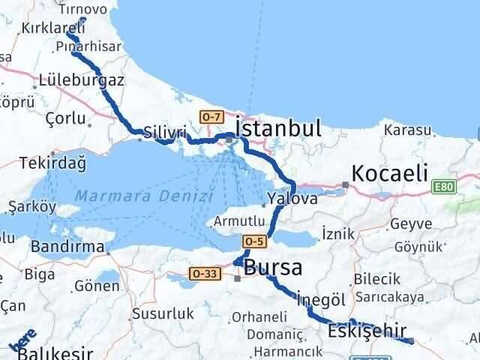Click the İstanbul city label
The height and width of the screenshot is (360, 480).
[278, 128]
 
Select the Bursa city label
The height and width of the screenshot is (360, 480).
[273, 268]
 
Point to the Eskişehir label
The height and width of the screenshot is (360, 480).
[367, 330]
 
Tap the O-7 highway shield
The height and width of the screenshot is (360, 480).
[211, 115]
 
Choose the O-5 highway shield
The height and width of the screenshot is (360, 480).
[253, 241]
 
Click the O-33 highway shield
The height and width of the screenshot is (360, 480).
[203, 274]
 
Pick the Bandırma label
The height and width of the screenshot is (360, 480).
[67, 246]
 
